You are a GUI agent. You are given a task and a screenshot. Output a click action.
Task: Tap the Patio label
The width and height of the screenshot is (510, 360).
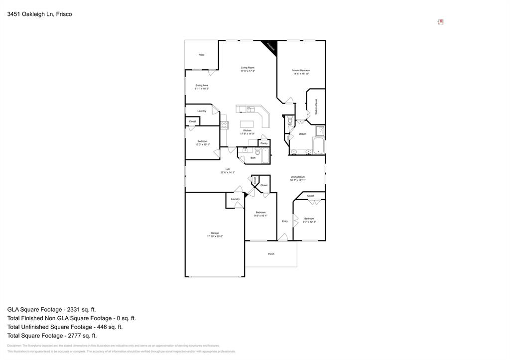point(202,55)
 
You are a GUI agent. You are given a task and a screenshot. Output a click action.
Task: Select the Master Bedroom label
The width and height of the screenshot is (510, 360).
point(301,71)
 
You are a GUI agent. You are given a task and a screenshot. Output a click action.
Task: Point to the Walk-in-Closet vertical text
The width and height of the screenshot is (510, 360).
point(316,107)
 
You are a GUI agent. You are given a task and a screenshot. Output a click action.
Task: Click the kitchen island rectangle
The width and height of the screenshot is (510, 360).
point(248,124)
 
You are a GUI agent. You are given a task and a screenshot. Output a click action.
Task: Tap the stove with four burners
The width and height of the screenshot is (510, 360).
point(224,124)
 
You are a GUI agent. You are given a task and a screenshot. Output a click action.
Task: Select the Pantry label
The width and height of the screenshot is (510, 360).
point(264,143)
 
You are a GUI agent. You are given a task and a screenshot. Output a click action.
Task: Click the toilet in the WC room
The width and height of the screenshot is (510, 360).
point(290,120)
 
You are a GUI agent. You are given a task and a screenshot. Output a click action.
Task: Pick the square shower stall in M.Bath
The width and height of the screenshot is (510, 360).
point(319,130)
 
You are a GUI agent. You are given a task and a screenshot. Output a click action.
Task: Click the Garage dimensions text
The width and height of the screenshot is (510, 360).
point(215,237)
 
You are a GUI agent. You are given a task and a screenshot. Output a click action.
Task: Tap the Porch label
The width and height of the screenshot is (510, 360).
point(271,254)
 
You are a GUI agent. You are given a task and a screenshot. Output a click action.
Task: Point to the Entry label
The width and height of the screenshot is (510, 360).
point(285,221)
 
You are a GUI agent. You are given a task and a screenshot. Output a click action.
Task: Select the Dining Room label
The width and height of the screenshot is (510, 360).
point(298,177)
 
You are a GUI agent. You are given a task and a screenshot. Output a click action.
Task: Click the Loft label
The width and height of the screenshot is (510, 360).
point(228,169)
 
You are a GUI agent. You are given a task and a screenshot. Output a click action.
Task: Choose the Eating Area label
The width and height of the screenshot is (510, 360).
point(202,85)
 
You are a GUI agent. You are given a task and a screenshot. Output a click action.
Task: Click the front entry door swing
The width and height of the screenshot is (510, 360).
point(282,238)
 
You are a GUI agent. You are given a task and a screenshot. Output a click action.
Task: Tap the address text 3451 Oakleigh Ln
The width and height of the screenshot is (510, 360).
point(39,14)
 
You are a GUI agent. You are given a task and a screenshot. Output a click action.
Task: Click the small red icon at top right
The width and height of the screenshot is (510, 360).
point(440,22)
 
